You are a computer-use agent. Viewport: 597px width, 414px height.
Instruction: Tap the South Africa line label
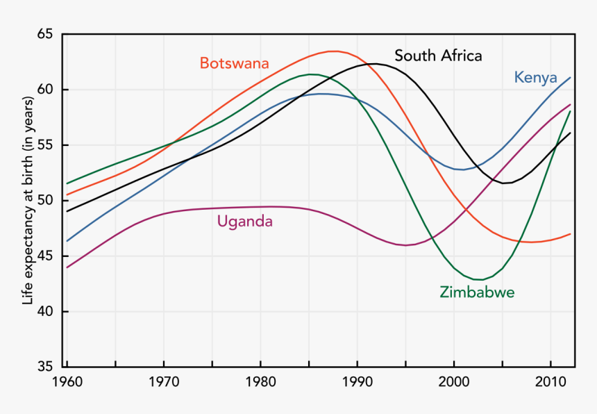pos(438,56)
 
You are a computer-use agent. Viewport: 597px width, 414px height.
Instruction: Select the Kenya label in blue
pos(536,77)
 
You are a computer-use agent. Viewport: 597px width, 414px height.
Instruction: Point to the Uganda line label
pos(244,222)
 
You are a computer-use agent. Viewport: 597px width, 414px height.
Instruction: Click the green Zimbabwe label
pos(477,292)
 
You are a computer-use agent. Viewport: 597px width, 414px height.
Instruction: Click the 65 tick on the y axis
pos(44,34)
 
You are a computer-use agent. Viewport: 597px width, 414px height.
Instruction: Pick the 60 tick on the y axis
pos(44,90)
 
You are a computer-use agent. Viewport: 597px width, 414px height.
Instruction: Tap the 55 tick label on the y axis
pos(44,145)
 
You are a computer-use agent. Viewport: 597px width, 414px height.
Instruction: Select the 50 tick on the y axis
pos(44,201)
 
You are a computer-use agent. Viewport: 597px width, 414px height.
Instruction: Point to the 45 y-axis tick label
pos(44,256)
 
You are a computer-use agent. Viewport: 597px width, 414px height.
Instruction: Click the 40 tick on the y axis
pos(44,312)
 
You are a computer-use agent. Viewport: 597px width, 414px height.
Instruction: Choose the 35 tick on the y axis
pos(44,367)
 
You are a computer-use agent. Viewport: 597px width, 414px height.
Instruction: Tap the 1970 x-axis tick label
pos(164,382)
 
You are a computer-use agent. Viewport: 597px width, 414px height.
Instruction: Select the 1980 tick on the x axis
pos(260,382)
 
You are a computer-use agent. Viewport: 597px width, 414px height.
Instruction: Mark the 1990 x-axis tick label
pos(357,382)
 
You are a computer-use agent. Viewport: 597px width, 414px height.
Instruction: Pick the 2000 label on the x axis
pos(454,382)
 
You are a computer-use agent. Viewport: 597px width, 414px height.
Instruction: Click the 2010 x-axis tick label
pos(550,382)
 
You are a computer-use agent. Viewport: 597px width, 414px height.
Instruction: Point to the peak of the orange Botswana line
pos(334,51)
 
